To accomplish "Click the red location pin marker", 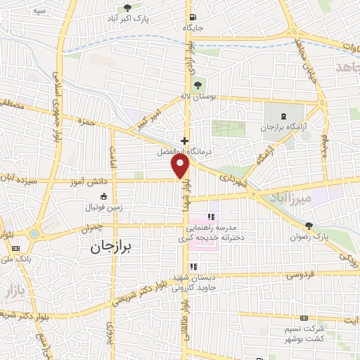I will click(181, 166).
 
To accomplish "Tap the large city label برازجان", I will click(115, 247).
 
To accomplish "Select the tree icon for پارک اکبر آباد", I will click(127, 8).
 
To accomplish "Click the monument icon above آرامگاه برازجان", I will click(283, 116).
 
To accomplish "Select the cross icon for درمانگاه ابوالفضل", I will click(184, 140).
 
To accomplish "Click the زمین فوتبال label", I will click(104, 207).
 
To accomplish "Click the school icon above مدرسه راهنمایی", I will click(209, 216).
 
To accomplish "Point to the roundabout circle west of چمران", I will click(34, 234).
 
